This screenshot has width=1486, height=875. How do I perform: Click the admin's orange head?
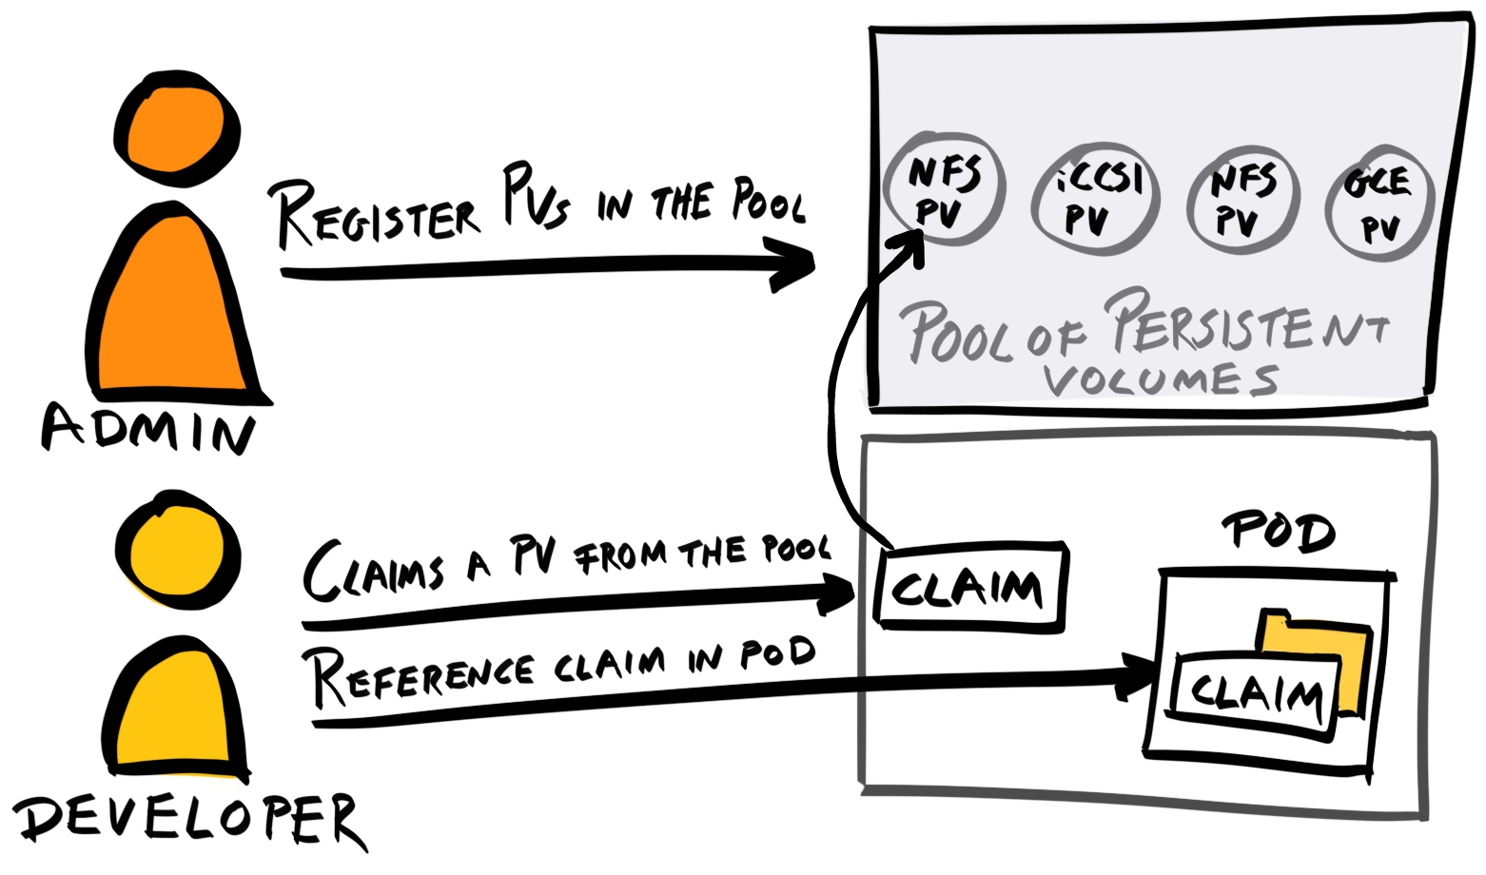pos(177,129)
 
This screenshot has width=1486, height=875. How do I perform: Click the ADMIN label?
pos(148,429)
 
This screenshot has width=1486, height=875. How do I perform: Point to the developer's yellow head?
pos(177,550)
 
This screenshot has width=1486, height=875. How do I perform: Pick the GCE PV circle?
pos(1378,202)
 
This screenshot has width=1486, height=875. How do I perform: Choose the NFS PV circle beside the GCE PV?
pos(1242,200)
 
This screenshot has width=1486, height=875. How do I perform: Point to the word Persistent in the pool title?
pos(1246,323)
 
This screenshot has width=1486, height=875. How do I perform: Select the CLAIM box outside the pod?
pos(970,588)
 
